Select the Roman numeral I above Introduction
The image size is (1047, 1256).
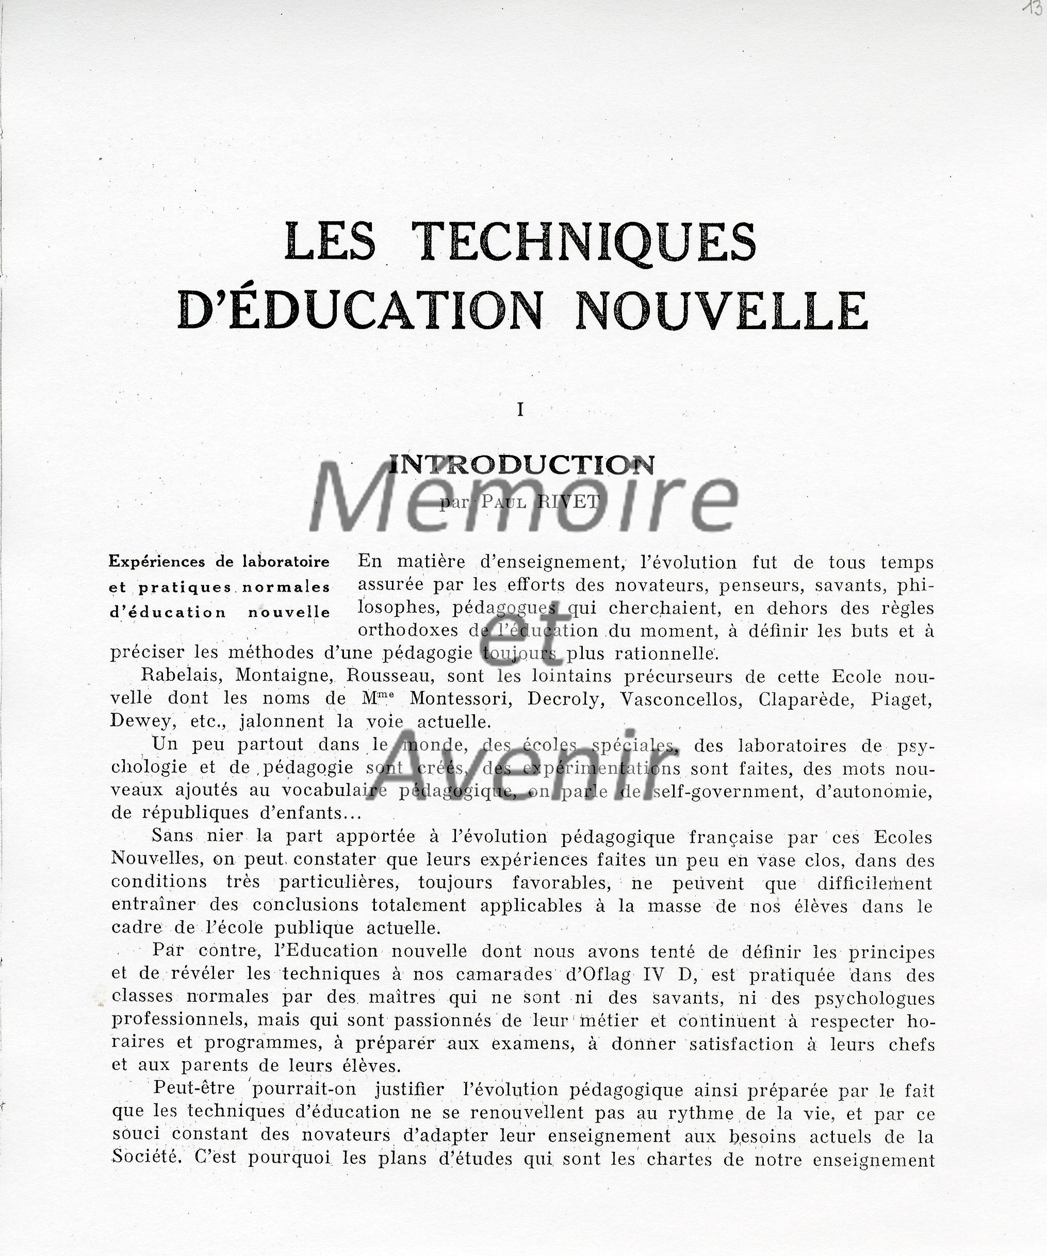click(x=520, y=410)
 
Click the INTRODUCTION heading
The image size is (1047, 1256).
click(x=521, y=465)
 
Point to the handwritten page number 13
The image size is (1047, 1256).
click(x=1032, y=10)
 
